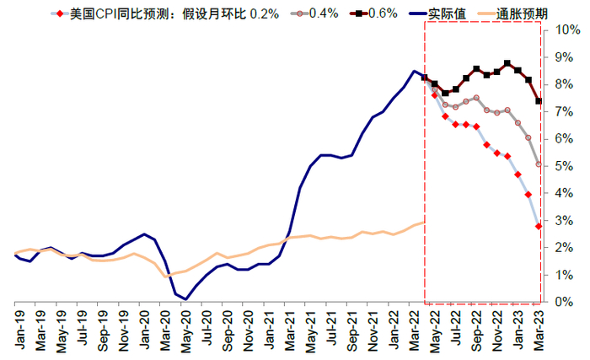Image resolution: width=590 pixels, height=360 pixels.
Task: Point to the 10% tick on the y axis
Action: (x=560, y=30)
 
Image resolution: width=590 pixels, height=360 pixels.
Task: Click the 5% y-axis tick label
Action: (x=558, y=166)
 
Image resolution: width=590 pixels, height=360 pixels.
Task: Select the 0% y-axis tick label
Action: (x=558, y=302)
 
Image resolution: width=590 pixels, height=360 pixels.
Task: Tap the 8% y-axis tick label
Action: (x=558, y=84)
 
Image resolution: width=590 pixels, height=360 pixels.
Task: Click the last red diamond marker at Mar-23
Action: (x=539, y=226)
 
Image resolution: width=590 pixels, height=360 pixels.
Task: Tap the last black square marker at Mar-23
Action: (x=539, y=101)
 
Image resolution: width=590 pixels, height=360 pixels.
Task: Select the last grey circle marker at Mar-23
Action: (x=539, y=164)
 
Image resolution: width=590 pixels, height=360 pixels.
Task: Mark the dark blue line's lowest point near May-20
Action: (x=185, y=298)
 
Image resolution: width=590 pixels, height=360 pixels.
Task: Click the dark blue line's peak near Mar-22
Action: (x=414, y=71)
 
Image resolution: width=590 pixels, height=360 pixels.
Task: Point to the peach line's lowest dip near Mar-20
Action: (x=166, y=276)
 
